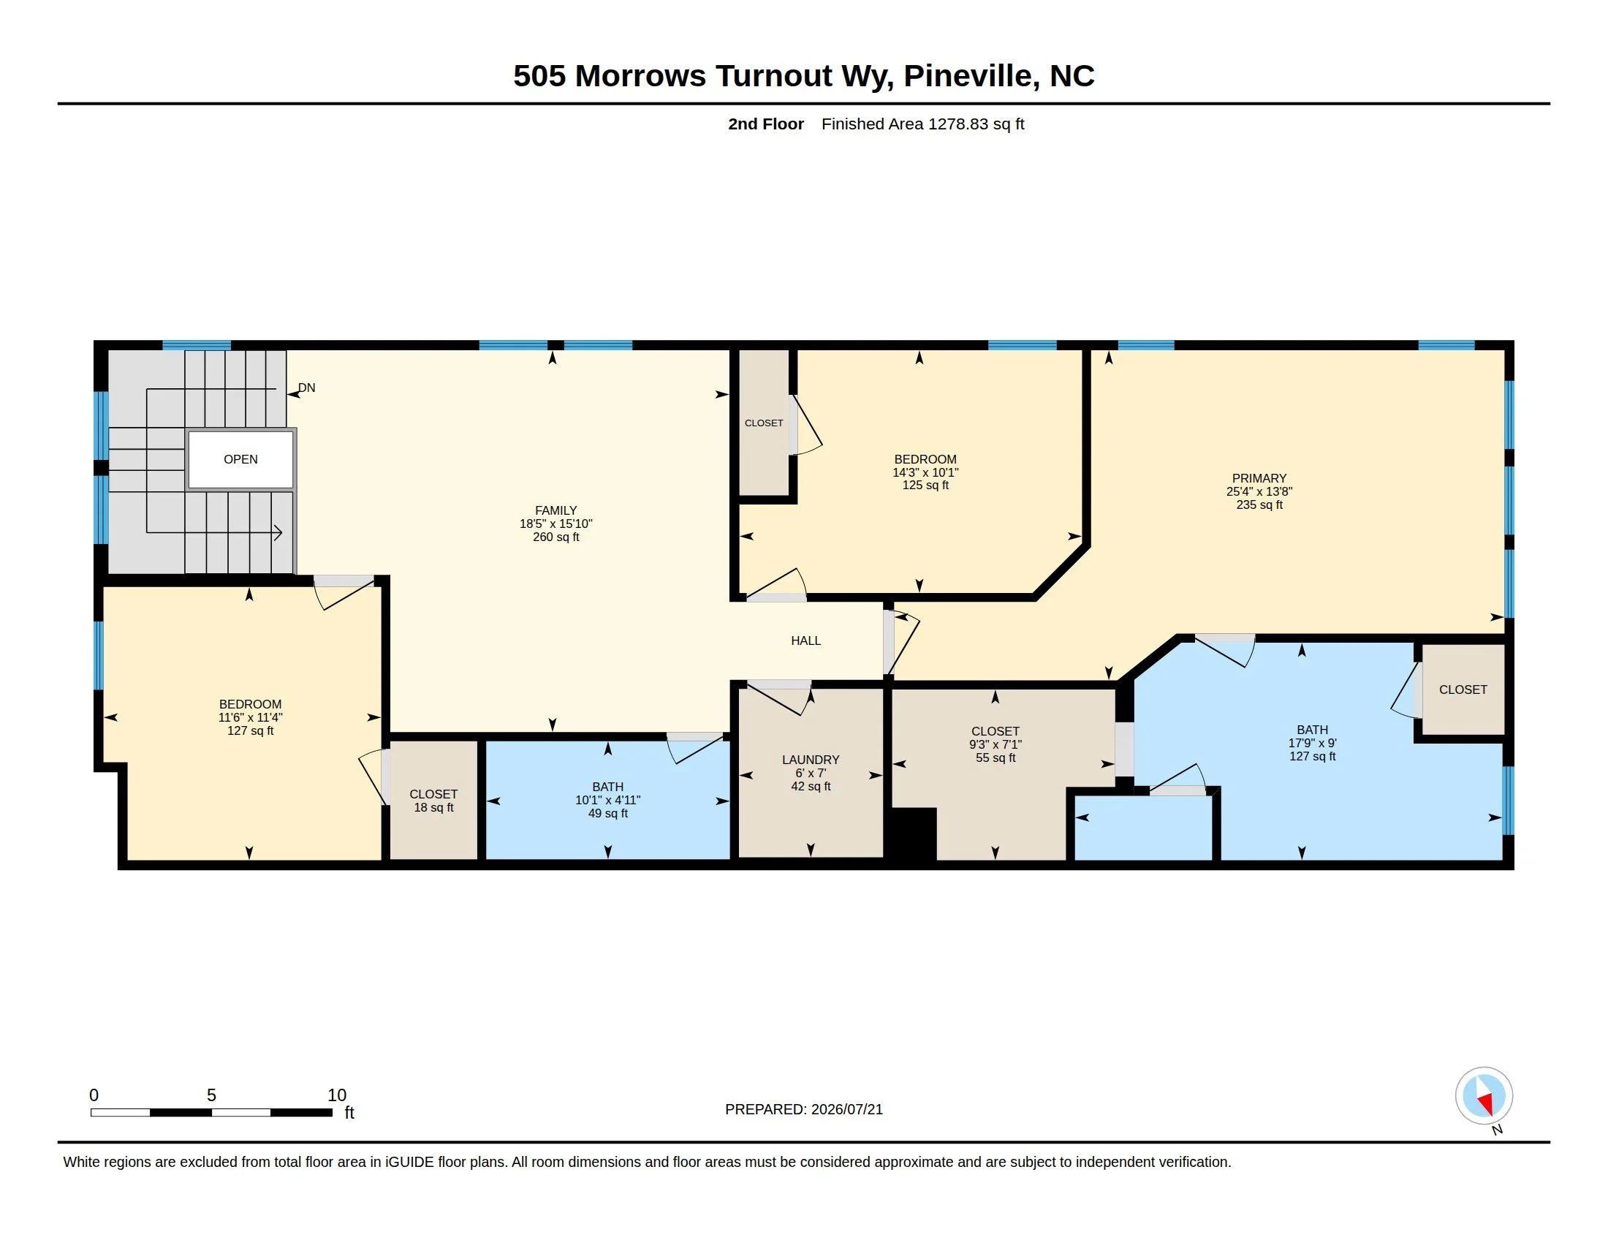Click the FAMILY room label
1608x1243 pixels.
coord(556,510)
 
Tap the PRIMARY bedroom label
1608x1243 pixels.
coord(1259,478)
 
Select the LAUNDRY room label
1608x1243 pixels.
coord(811,760)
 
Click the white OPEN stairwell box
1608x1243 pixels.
coord(240,459)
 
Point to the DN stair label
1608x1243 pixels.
coord(306,388)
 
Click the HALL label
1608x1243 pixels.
coord(805,641)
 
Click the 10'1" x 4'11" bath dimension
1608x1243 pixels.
coord(607,801)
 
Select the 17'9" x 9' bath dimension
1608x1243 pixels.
coord(1312,744)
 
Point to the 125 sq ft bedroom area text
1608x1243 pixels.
coord(925,486)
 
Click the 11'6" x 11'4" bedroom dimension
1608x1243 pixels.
coord(250,717)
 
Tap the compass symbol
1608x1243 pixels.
coord(1484,1095)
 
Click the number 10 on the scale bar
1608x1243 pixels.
coord(336,1095)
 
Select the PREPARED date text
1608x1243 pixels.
coord(804,1109)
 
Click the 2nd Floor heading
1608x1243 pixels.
coord(766,124)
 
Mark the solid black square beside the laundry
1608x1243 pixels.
coord(914,834)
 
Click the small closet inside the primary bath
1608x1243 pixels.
coord(1463,689)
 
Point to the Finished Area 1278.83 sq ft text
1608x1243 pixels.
coord(922,124)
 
